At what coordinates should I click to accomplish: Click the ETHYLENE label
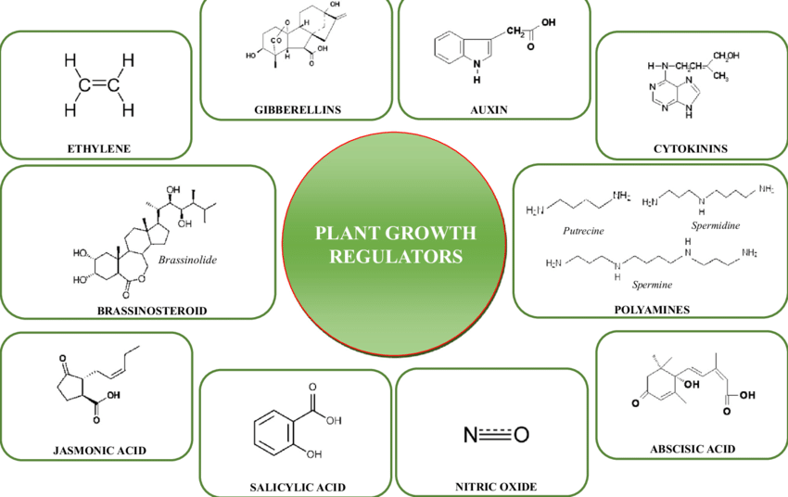[97, 147]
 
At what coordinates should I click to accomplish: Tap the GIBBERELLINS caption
[298, 109]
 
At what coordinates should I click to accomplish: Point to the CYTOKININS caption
[690, 147]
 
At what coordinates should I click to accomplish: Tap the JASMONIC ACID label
[100, 452]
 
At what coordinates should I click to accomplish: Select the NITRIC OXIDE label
[496, 486]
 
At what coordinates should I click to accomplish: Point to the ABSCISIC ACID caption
[693, 449]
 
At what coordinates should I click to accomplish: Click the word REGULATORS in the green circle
[397, 256]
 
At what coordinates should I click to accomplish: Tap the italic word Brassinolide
[187, 261]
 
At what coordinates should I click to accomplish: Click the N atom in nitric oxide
[470, 433]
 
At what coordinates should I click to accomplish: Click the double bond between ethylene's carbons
[99, 84]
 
